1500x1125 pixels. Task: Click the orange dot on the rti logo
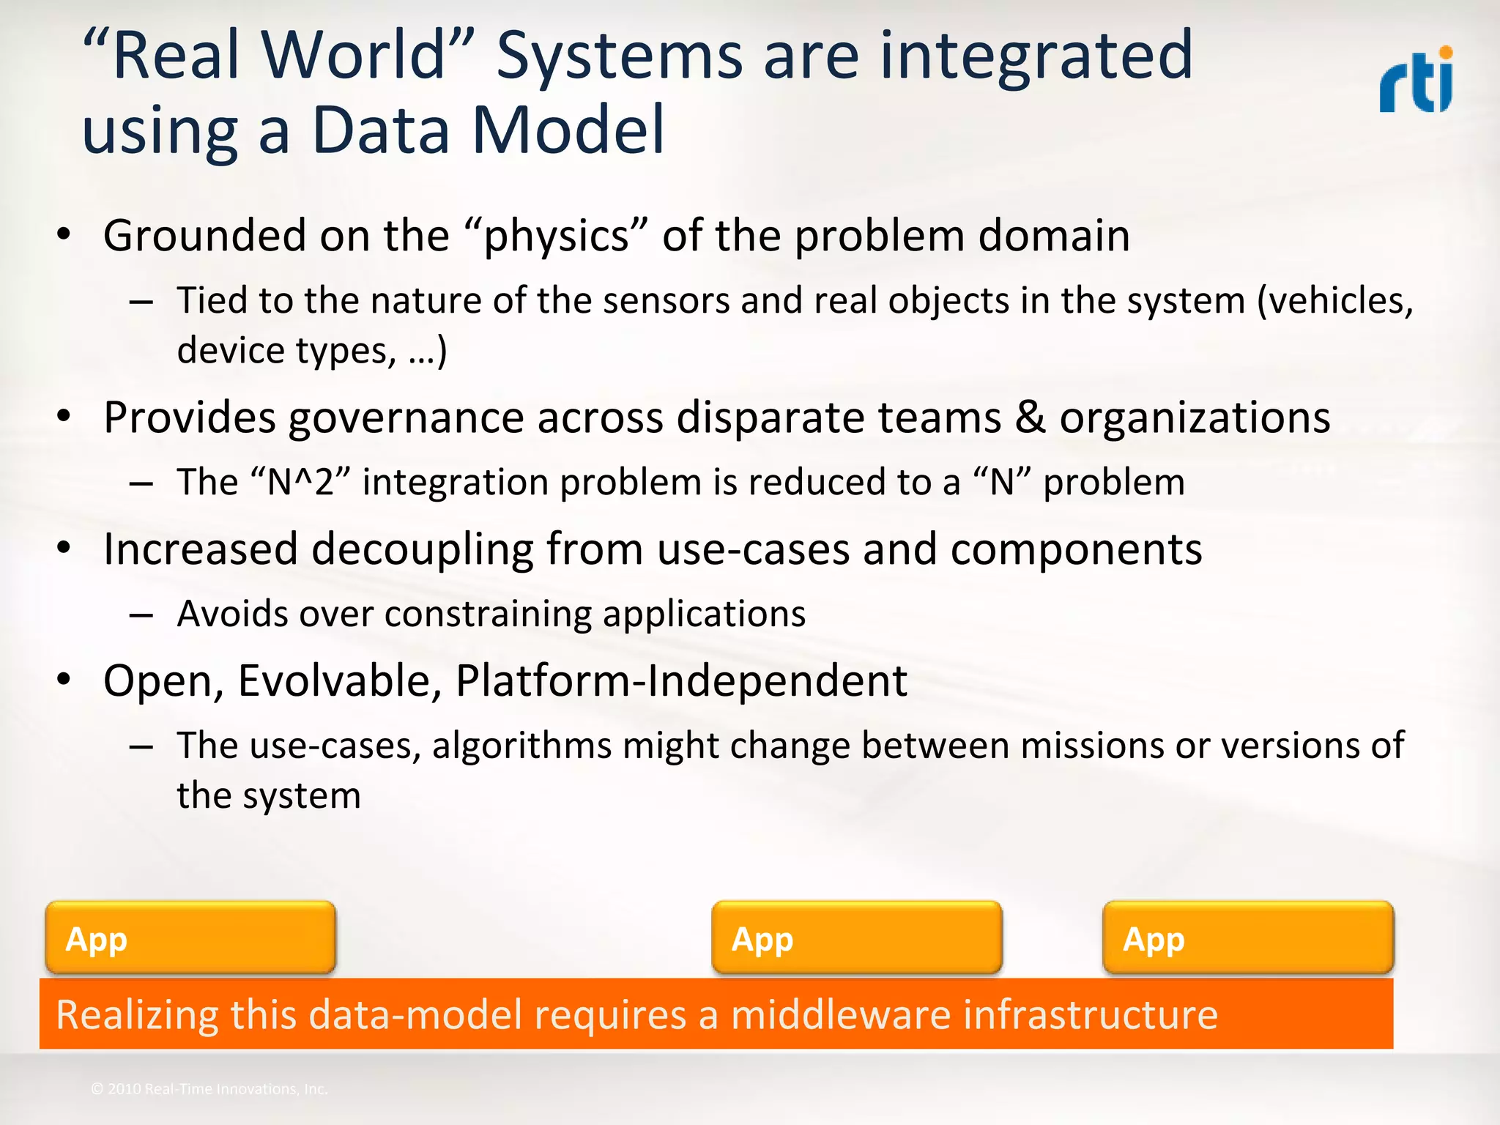[x=1445, y=53]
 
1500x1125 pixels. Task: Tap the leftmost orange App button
[x=190, y=938]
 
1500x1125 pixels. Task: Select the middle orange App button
[x=856, y=938]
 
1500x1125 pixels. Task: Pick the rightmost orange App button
[x=1247, y=938]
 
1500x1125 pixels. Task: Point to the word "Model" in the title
[x=568, y=130]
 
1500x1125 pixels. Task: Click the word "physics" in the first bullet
[x=556, y=237]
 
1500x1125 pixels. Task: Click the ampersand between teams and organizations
[x=1031, y=418]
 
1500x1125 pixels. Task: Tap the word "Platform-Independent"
[x=681, y=681]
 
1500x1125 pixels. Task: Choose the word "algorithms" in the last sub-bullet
[x=521, y=746]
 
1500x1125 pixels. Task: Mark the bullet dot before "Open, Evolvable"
[x=64, y=680]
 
